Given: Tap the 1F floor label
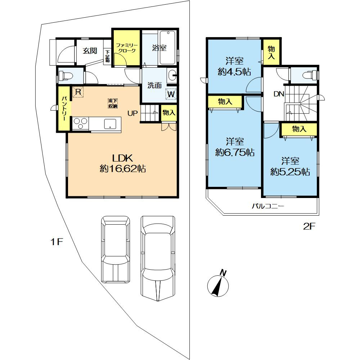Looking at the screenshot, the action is pyautogui.click(x=57, y=242).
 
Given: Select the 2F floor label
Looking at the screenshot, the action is pyautogui.click(x=309, y=226).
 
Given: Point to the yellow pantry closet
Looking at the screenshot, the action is pyautogui.click(x=64, y=108).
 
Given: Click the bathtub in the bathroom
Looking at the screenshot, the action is pyautogui.click(x=167, y=48).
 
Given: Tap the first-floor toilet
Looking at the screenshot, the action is pyautogui.click(x=66, y=76).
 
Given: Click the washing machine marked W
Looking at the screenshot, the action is pyautogui.click(x=171, y=94).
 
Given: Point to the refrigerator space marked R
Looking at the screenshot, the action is pyautogui.click(x=78, y=92).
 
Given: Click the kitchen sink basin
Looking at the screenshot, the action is pyautogui.click(x=110, y=124).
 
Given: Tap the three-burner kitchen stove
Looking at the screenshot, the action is pyautogui.click(x=80, y=124).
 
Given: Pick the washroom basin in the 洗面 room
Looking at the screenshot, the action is pyautogui.click(x=172, y=75).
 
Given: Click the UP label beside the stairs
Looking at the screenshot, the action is pyautogui.click(x=133, y=113).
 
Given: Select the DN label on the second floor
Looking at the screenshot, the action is pyautogui.click(x=279, y=94).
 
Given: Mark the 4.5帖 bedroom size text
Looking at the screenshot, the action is pyautogui.click(x=234, y=72).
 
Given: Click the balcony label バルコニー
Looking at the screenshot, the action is pyautogui.click(x=268, y=206).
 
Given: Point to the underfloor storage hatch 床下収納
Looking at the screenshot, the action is pyautogui.click(x=113, y=103).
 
